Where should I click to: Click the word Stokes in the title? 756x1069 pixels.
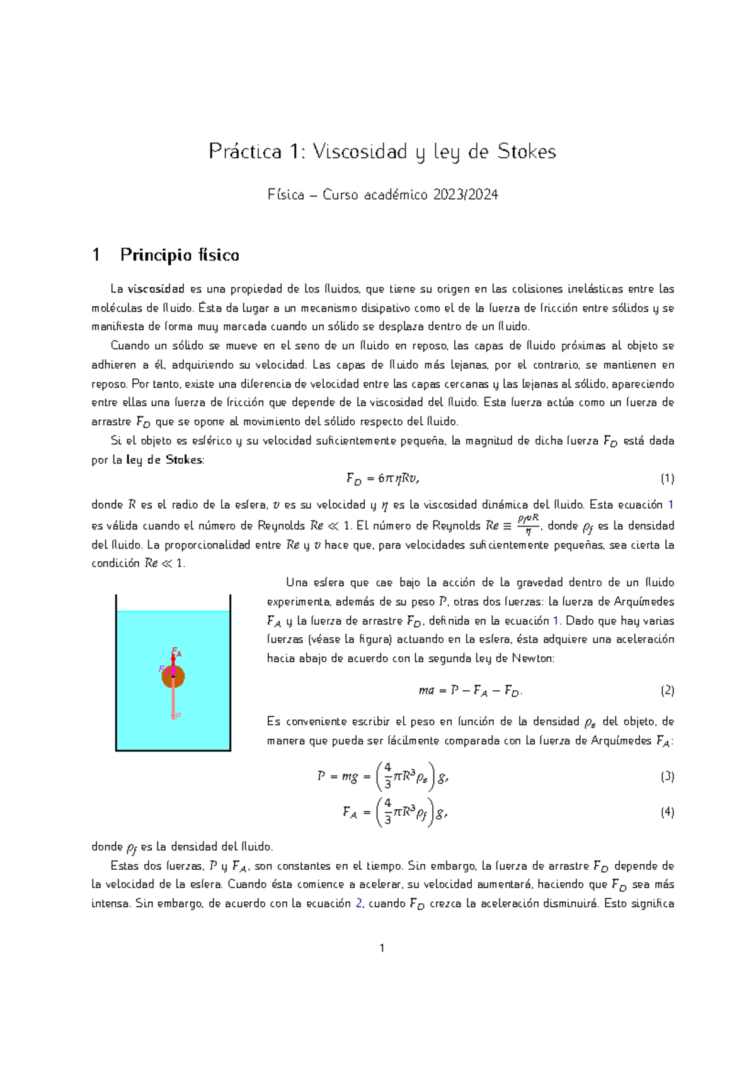click(x=526, y=152)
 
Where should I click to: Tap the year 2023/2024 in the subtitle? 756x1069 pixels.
click(x=466, y=195)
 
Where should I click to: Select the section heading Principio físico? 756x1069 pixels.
click(x=180, y=255)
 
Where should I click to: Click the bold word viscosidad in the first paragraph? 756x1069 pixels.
click(x=156, y=289)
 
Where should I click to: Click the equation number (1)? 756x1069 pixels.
click(x=667, y=479)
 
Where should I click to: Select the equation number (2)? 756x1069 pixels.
click(x=667, y=691)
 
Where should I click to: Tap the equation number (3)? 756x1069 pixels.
click(x=667, y=777)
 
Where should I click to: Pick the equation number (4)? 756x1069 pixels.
click(x=667, y=812)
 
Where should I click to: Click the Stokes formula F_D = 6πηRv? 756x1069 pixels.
click(x=382, y=479)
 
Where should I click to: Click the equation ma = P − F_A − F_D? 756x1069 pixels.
click(x=470, y=691)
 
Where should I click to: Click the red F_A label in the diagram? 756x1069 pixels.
click(x=177, y=652)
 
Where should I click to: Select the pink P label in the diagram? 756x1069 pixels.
click(x=178, y=716)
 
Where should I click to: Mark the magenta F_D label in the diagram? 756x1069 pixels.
click(x=162, y=669)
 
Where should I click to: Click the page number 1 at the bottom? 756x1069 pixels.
click(x=382, y=948)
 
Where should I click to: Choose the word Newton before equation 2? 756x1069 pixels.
click(x=533, y=659)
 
